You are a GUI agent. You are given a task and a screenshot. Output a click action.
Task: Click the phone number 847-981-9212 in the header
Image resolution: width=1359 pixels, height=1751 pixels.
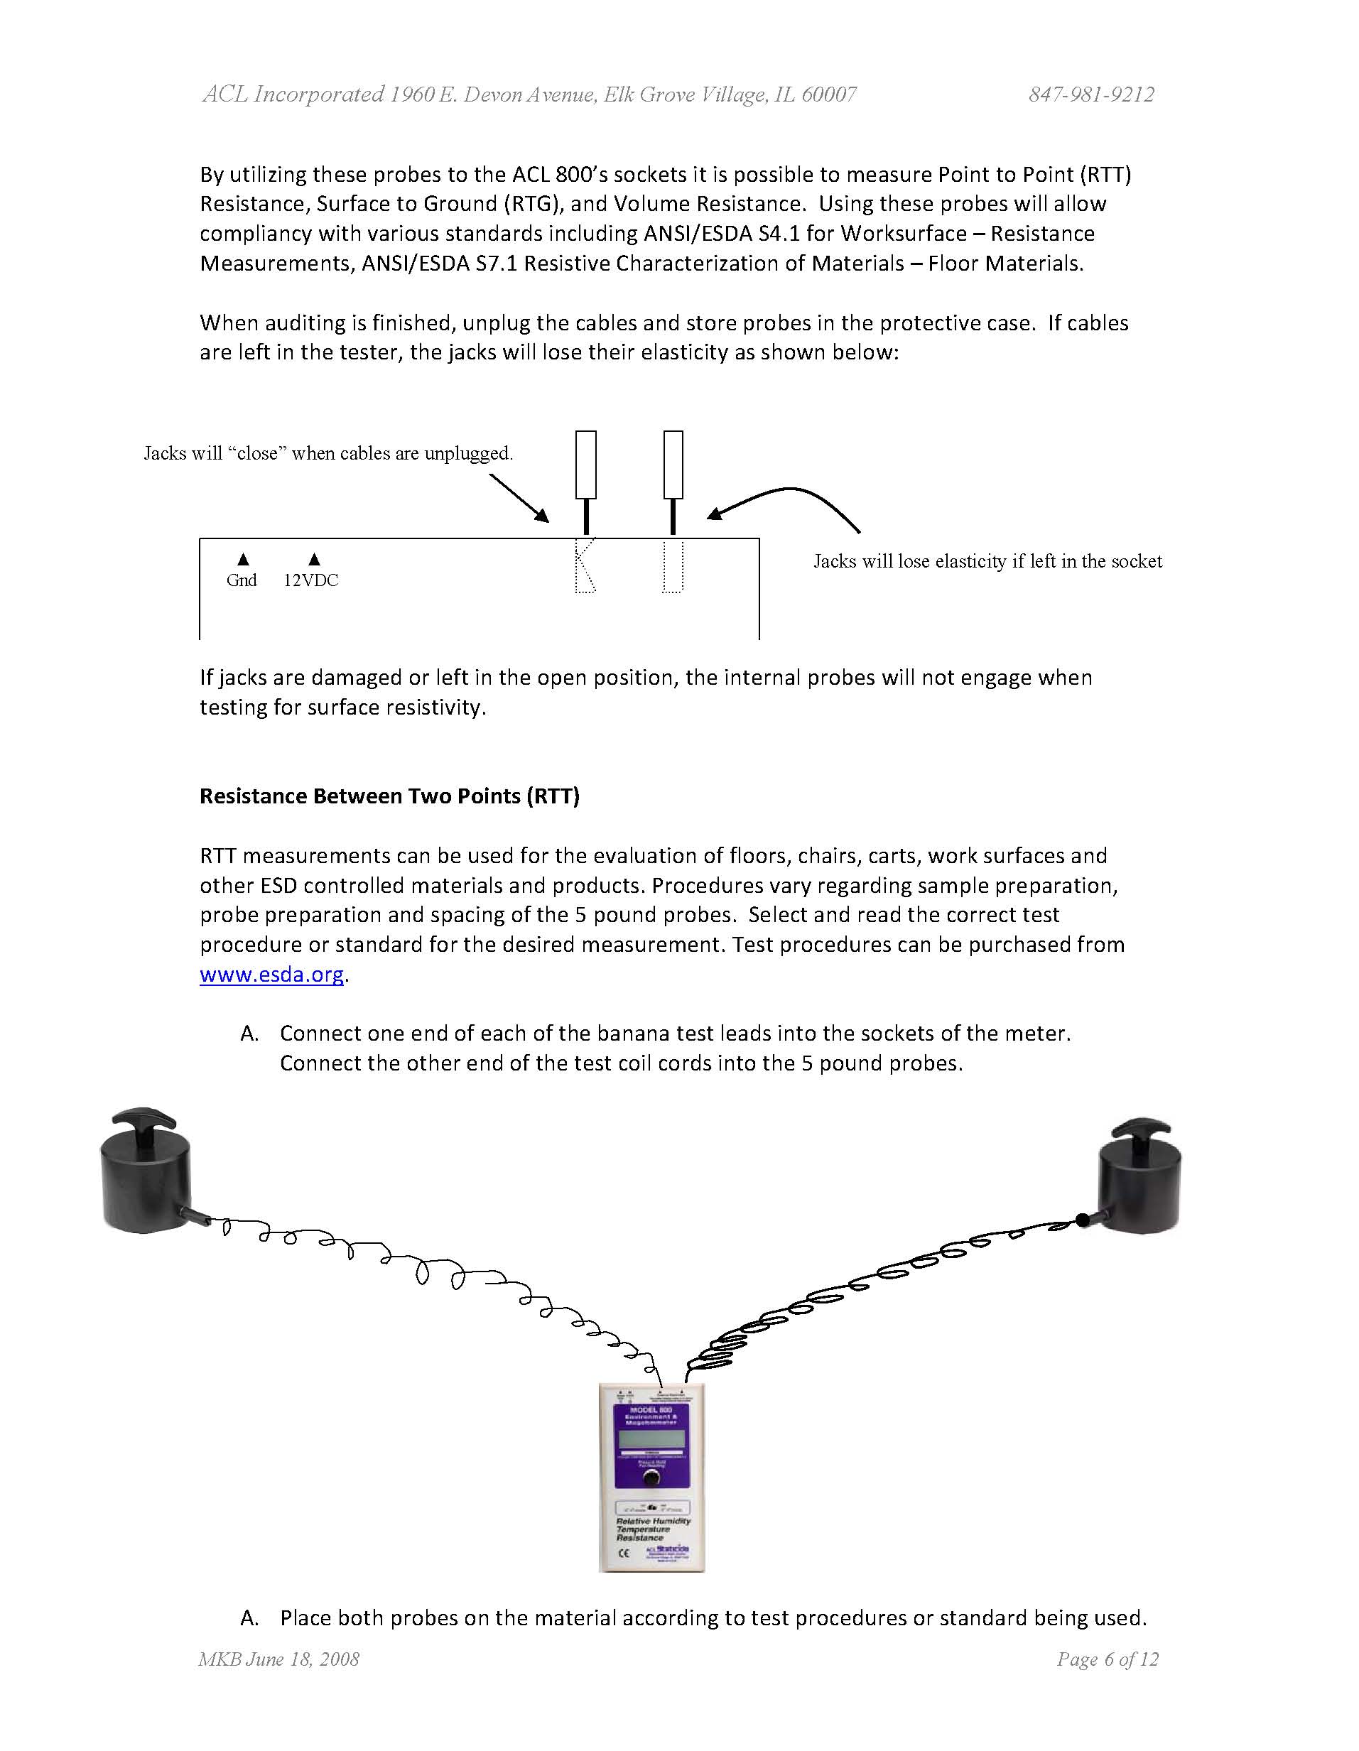click(x=1091, y=94)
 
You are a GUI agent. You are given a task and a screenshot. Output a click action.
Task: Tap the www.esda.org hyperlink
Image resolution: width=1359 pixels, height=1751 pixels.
click(x=272, y=974)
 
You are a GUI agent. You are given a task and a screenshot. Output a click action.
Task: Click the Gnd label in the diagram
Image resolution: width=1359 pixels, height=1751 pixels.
click(x=242, y=580)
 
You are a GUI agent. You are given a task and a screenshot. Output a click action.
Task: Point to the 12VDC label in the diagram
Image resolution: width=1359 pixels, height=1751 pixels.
click(x=311, y=580)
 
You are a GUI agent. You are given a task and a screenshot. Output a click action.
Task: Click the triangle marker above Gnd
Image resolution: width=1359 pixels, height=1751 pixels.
click(x=244, y=559)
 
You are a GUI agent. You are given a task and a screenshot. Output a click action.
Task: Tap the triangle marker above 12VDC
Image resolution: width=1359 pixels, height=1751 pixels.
click(x=314, y=559)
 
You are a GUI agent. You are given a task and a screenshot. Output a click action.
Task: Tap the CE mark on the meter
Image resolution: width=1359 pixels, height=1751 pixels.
click(x=624, y=1553)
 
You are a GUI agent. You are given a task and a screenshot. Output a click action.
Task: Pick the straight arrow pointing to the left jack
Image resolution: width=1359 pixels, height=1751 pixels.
click(x=519, y=498)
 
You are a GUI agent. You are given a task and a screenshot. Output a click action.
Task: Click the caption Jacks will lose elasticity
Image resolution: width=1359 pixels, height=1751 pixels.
click(x=987, y=561)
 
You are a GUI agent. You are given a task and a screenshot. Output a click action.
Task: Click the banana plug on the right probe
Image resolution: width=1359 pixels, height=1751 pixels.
click(x=1084, y=1220)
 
